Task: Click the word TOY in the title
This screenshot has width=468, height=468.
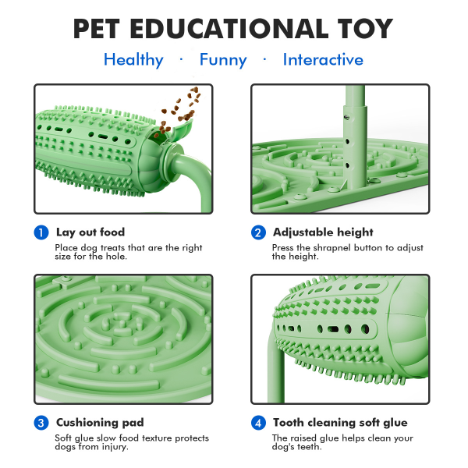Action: click(365, 29)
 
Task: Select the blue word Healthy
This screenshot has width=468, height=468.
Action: click(133, 60)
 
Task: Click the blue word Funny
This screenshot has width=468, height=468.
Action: click(223, 60)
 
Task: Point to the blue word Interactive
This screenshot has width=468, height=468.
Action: click(323, 59)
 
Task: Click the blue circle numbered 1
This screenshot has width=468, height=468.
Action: click(41, 232)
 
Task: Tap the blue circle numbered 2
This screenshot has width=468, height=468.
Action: click(258, 232)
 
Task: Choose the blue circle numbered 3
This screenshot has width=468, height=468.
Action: click(41, 423)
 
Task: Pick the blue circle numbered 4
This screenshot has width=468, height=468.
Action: click(258, 423)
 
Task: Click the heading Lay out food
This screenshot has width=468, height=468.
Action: click(90, 232)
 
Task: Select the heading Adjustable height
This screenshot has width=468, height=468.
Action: click(323, 232)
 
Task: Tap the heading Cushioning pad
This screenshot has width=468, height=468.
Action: click(100, 422)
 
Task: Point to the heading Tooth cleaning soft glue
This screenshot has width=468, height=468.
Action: click(340, 422)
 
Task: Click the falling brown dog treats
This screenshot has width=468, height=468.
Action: click(179, 112)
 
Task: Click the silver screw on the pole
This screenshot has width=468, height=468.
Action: click(346, 117)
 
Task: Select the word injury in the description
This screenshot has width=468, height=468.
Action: click(115, 447)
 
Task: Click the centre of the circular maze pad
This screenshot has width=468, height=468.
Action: click(122, 323)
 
